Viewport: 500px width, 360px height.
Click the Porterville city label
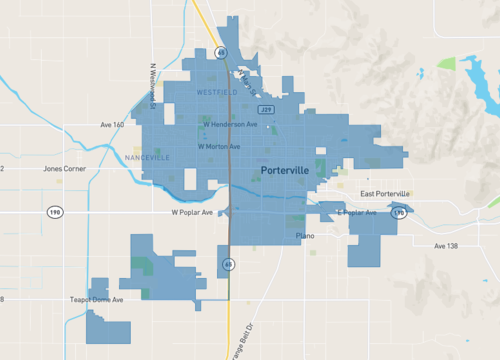coord(293,171)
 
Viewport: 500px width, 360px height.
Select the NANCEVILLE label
coord(148,158)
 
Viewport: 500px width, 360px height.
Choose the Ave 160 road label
coord(112,125)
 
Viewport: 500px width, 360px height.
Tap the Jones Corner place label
coord(65,169)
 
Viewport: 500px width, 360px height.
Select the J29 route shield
coord(266,108)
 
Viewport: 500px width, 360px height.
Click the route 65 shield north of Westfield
coord(220,52)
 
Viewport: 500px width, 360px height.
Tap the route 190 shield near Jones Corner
coord(56,212)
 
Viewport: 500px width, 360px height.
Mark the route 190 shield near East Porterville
coord(399,213)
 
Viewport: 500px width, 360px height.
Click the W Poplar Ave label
coord(193,213)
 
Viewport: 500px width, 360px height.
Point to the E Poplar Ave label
coord(356,213)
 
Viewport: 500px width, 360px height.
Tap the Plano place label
coord(306,235)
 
